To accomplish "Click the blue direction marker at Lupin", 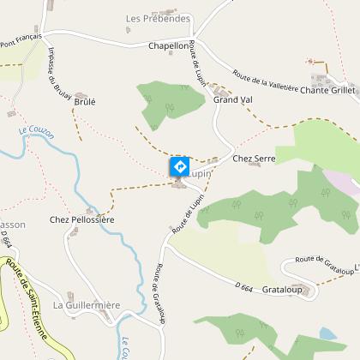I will coord(179,165).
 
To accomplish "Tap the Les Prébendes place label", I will coord(157,18).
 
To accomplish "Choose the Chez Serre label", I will coord(253,159).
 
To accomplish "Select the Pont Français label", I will coord(21,39).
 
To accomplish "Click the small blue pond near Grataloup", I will coord(327,333).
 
